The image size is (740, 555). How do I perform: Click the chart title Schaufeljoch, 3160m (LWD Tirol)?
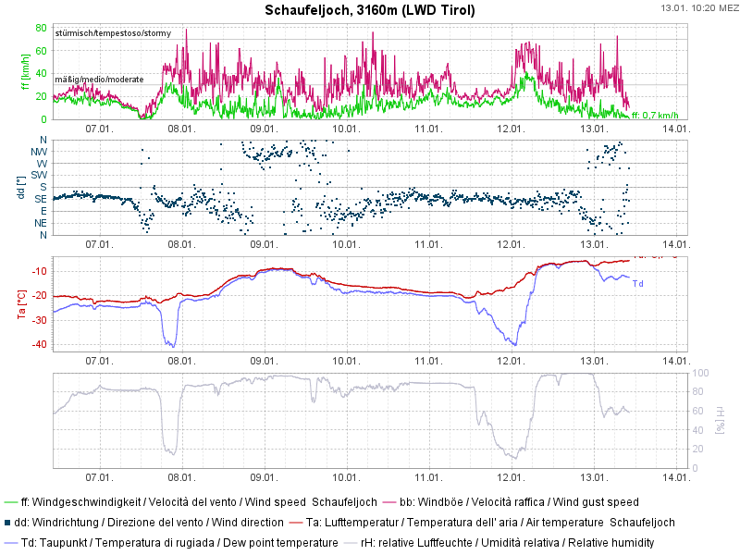(x=370, y=11)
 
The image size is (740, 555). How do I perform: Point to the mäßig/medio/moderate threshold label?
(x=99, y=80)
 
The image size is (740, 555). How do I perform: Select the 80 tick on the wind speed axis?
(x=41, y=28)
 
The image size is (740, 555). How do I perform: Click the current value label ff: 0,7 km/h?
(x=655, y=116)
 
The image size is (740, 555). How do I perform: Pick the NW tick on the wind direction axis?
(x=39, y=151)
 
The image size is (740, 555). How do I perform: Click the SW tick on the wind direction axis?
(x=39, y=175)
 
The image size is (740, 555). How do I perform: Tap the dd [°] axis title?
(x=25, y=187)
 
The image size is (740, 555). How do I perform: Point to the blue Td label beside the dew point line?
(x=637, y=283)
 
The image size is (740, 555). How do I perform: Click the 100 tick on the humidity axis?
(x=700, y=373)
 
